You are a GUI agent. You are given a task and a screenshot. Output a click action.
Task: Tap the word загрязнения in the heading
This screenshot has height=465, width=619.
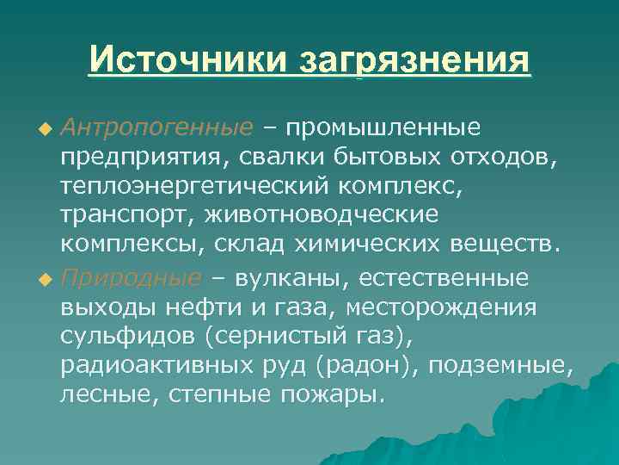point(414,62)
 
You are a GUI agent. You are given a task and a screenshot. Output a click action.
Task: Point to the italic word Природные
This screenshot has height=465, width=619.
point(133,279)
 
